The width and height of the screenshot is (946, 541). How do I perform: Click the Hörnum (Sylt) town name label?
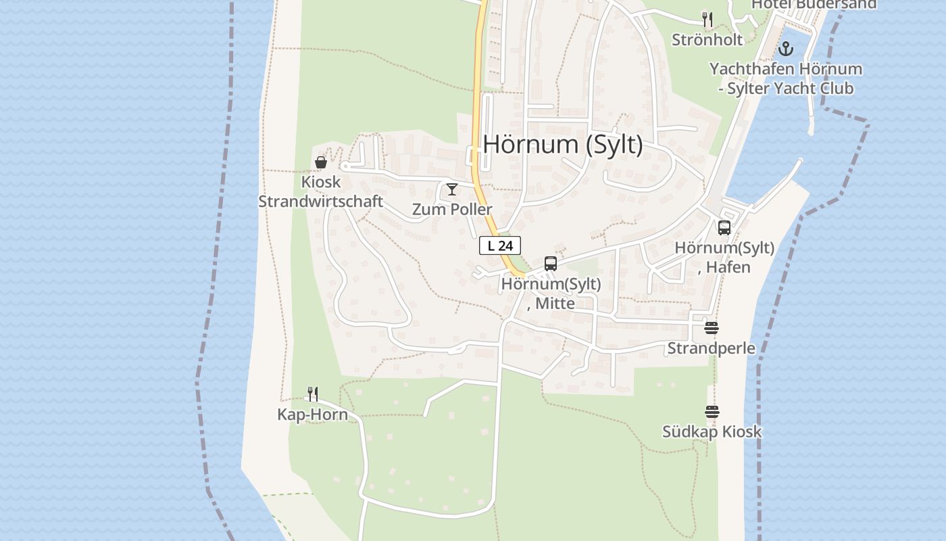[563, 144]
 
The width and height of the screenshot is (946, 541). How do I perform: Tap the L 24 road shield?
[500, 245]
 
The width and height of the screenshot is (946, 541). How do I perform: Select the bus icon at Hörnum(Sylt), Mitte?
[551, 264]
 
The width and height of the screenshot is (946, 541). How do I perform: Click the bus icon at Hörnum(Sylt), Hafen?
[724, 228]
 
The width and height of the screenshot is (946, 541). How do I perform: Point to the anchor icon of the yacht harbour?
[785, 49]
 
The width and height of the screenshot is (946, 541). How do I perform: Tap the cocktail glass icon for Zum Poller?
[452, 189]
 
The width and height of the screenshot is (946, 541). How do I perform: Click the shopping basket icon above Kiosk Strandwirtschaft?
[321, 162]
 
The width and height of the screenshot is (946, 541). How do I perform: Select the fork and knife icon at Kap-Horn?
[313, 394]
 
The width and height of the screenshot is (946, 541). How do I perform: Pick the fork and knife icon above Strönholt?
[707, 20]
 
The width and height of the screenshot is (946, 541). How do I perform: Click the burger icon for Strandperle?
[711, 328]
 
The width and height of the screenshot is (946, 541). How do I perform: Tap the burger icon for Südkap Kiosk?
[712, 411]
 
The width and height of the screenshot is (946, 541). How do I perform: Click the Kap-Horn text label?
[312, 415]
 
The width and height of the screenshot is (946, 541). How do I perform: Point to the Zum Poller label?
[452, 210]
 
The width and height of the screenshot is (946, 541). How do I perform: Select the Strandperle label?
[711, 348]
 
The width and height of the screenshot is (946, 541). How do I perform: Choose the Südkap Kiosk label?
[712, 431]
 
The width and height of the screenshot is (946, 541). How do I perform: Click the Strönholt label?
[707, 40]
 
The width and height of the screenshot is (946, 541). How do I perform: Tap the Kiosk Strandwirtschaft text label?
[321, 192]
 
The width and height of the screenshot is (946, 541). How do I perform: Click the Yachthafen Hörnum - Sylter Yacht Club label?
[785, 78]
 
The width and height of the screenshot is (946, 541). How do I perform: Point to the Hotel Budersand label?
[814, 5]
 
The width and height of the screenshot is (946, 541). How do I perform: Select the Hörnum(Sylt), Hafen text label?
[724, 258]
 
